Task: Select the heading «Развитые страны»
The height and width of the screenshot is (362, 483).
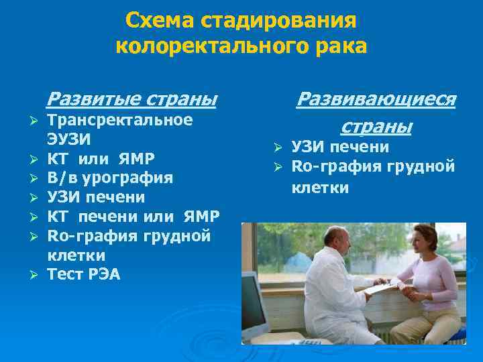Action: [131, 99]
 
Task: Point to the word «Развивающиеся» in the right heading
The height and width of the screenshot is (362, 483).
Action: [376, 99]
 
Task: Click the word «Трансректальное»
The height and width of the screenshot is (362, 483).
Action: [120, 120]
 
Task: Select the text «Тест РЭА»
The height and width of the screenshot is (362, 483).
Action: [84, 275]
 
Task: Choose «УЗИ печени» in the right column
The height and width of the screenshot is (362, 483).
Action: [340, 147]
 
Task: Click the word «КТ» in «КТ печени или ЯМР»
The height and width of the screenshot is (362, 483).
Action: [57, 217]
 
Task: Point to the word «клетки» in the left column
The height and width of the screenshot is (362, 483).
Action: [76, 255]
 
